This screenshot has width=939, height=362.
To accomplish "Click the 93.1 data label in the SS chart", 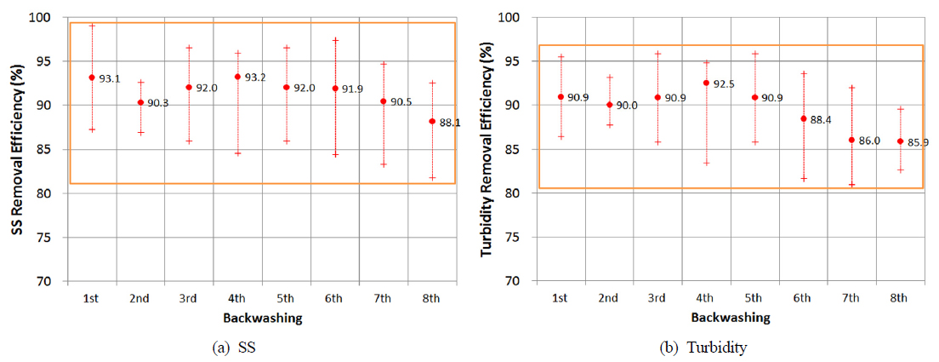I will (109, 78).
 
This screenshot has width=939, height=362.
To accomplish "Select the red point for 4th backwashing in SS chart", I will (237, 77).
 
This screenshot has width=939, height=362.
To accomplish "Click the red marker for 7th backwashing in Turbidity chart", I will (851, 140).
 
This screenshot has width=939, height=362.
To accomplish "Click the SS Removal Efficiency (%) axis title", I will (15, 149).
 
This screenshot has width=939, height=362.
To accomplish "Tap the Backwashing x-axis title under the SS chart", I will (261, 317).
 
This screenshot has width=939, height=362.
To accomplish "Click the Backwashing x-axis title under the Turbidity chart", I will (730, 317).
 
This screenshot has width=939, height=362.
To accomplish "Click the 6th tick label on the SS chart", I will (334, 297).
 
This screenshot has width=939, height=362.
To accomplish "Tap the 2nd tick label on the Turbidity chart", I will (608, 297).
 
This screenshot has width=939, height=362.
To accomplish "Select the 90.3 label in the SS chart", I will (157, 103).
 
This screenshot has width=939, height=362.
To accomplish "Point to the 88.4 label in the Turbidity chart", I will (820, 120).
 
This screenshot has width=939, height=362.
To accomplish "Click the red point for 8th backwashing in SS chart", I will (432, 121).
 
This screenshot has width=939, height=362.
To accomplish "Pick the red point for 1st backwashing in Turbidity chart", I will (561, 97).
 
